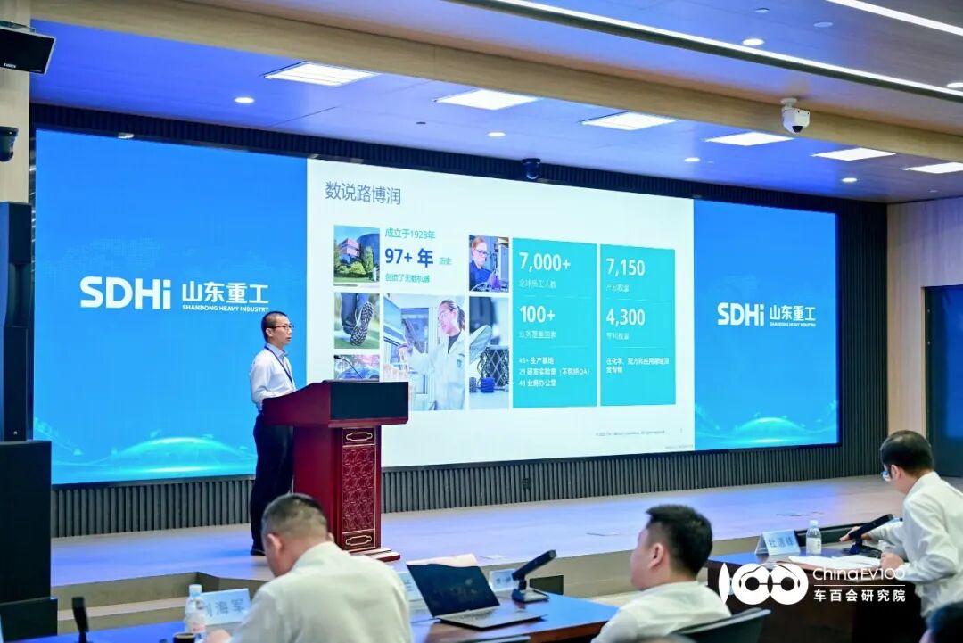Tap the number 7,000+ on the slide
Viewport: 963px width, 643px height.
544,263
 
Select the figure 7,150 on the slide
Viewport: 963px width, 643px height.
625,267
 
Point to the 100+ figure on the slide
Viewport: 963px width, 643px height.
537,315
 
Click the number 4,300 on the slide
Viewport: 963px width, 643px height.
625,317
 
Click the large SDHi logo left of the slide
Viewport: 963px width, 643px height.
124,293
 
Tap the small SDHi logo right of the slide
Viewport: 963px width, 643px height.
740,314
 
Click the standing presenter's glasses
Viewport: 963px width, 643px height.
280,327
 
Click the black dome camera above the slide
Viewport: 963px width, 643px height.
531,168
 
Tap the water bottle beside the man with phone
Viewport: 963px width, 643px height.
812,538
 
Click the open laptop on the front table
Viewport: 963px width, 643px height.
455,593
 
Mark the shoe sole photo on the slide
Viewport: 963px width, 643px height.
357,320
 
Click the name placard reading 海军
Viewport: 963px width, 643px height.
226,606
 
